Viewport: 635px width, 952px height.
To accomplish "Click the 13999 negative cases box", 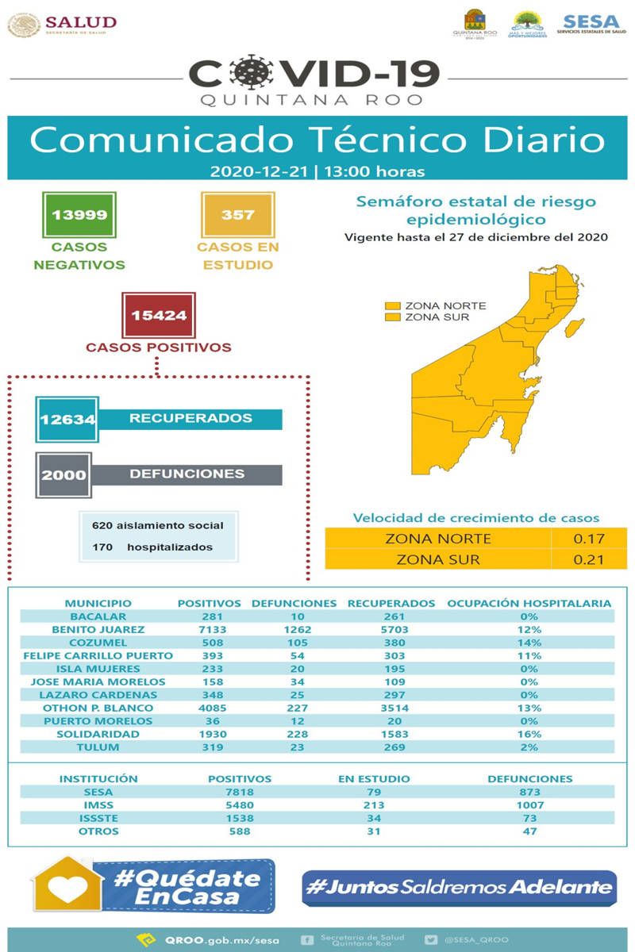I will tap(79, 215).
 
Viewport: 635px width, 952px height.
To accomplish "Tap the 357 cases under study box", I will tap(237, 215).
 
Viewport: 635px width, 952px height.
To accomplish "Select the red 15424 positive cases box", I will tap(159, 315).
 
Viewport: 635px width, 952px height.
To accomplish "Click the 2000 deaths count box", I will tap(63, 474).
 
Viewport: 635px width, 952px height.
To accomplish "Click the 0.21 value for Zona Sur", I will tap(589, 559).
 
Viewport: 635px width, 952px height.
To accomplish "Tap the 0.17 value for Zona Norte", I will tap(589, 539).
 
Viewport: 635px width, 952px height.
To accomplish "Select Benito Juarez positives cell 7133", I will tap(209, 629).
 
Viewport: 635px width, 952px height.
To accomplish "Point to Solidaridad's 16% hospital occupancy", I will tap(529, 734).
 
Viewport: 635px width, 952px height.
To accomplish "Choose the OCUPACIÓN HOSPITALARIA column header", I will tap(529, 603).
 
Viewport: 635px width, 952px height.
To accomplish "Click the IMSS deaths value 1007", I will tap(529, 805).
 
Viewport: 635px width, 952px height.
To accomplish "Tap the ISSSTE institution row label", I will tap(99, 818).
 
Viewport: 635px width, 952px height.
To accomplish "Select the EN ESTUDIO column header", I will tap(374, 779).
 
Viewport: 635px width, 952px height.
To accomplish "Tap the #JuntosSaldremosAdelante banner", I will tap(460, 888).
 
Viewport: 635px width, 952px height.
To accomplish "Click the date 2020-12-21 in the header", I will tap(260, 171).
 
